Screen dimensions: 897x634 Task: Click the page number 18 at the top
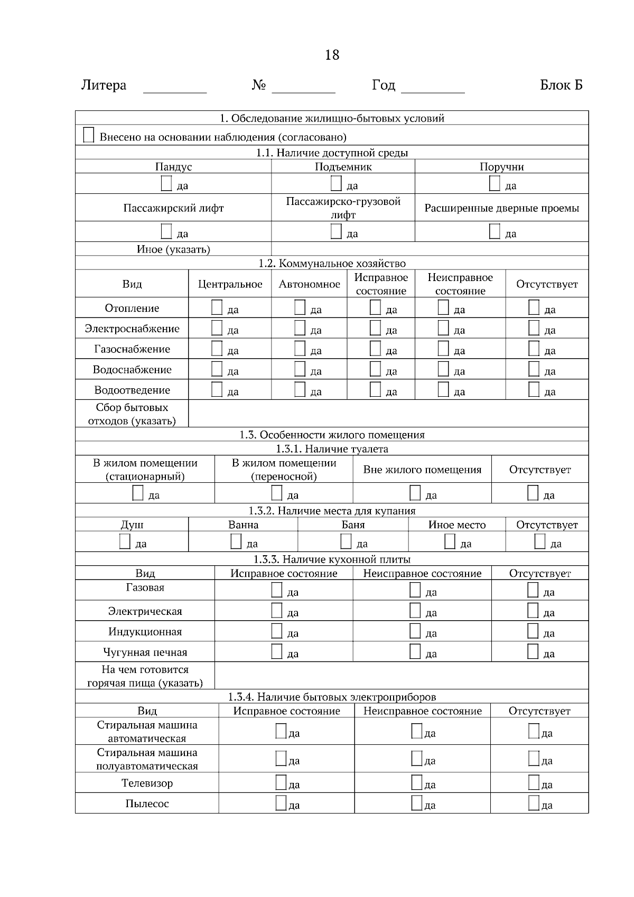pos(332,55)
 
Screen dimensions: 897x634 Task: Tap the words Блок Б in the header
pos(561,85)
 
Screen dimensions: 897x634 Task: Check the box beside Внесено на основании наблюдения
pos(89,135)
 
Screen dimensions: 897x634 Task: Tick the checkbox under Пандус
pos(166,183)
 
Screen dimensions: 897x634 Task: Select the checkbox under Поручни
pos(495,183)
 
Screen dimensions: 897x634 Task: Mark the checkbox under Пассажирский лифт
pos(166,231)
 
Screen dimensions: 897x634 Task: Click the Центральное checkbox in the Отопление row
pos(217,307)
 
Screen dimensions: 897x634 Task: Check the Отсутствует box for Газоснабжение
pos(534,349)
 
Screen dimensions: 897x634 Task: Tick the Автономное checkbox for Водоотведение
pos(300,389)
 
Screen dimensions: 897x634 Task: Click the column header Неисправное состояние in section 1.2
pos(460,284)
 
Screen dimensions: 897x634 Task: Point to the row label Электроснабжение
pos(132,329)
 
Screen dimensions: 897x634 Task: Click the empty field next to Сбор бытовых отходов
pos(388,414)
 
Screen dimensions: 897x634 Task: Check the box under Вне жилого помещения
pos(415,493)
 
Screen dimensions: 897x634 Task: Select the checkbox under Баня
pos(346,541)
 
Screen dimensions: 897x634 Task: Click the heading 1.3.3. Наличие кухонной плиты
pos(332,559)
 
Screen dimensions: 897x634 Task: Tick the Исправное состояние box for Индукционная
pos(277,631)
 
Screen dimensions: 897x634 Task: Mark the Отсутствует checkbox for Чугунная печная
pos(533,651)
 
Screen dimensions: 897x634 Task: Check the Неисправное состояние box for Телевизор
pos(417,782)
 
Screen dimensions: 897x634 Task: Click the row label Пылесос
pos(147,803)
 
